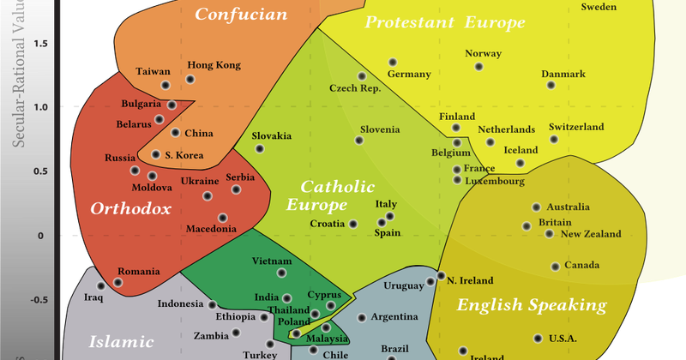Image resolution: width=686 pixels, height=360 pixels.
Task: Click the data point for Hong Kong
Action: click(x=190, y=80)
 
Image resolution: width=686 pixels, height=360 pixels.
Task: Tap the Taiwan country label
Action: click(x=153, y=72)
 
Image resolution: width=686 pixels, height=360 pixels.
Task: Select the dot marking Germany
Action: click(x=393, y=63)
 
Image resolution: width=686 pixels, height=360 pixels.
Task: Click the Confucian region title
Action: click(x=228, y=14)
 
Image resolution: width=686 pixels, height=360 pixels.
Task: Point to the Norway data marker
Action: click(x=479, y=67)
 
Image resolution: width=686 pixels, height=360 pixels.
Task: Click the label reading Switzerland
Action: click(x=576, y=127)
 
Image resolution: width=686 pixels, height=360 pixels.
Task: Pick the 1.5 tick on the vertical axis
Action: click(x=40, y=44)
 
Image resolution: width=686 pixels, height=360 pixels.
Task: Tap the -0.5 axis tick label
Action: click(x=39, y=301)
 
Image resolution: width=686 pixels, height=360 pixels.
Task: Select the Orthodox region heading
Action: click(x=130, y=208)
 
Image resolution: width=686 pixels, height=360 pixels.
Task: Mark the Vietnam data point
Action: click(x=281, y=273)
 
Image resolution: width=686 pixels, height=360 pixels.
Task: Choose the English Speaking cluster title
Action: click(x=531, y=305)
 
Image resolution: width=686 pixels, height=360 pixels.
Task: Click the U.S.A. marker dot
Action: click(x=539, y=339)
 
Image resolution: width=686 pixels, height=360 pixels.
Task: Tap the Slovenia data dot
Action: click(x=359, y=141)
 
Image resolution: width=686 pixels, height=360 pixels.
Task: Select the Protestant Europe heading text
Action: click(x=444, y=23)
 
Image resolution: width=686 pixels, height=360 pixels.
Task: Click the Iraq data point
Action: click(x=101, y=286)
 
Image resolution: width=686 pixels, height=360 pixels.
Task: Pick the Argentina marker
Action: click(x=362, y=317)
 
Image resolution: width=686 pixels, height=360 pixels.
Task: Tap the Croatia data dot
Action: click(x=352, y=224)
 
